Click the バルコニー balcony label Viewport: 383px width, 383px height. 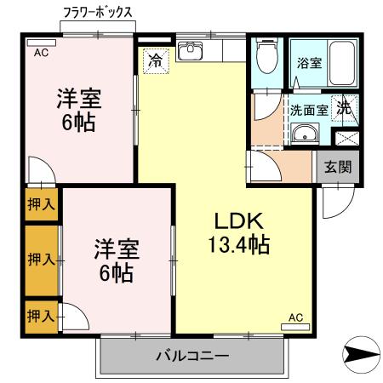coord(191,354)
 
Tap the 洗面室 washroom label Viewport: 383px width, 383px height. coord(307,110)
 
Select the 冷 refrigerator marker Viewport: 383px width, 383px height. coord(156,61)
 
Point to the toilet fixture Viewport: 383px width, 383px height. coord(266,58)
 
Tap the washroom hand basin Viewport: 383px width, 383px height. coord(303,135)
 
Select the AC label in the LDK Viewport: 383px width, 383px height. coord(295,317)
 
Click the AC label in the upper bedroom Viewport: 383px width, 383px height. coord(41,52)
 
